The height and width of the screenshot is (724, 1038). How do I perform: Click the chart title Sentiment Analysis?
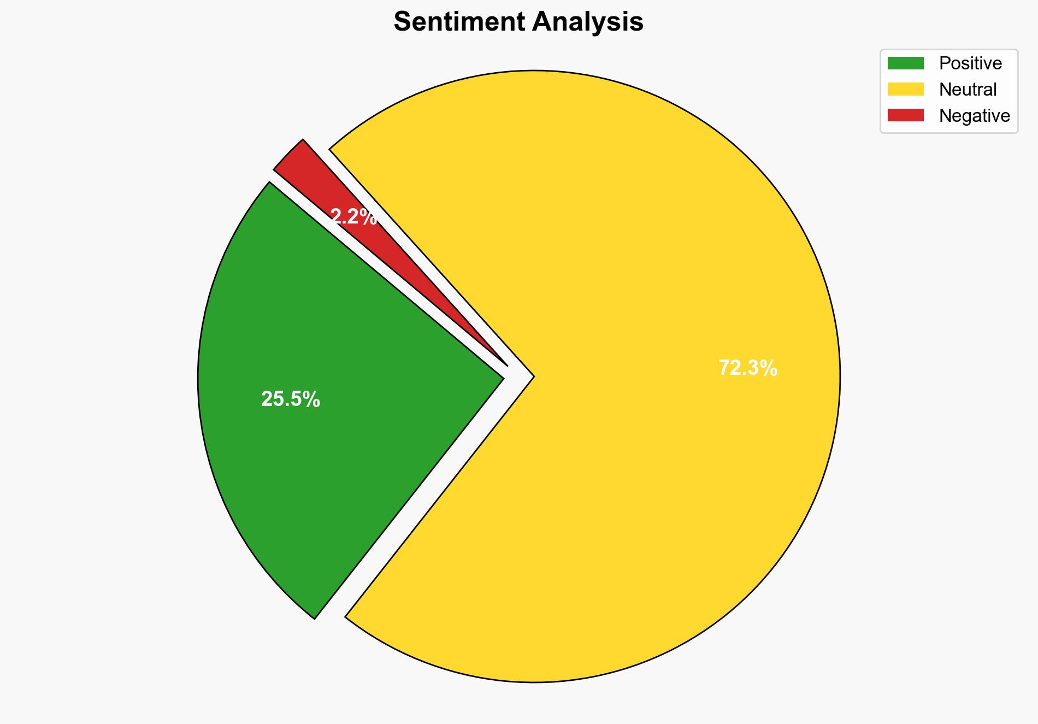(x=518, y=22)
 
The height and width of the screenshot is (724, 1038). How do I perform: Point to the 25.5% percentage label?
(x=290, y=399)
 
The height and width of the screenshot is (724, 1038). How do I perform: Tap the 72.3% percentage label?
(x=747, y=368)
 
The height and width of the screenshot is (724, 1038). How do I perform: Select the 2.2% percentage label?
(x=353, y=217)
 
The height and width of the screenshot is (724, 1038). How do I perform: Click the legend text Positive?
(x=970, y=63)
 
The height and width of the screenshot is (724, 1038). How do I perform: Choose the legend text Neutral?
(x=968, y=90)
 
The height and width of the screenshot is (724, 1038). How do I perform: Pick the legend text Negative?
(x=974, y=116)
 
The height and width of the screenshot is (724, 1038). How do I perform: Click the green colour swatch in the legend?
(x=905, y=63)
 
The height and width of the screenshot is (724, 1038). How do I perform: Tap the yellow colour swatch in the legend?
(x=905, y=89)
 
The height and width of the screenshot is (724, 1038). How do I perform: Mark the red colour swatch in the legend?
(x=905, y=115)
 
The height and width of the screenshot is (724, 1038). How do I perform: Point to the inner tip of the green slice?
(x=502, y=376)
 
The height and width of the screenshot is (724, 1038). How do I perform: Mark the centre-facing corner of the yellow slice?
(x=532, y=376)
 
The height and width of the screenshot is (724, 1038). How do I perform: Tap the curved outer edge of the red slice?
(x=288, y=155)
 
